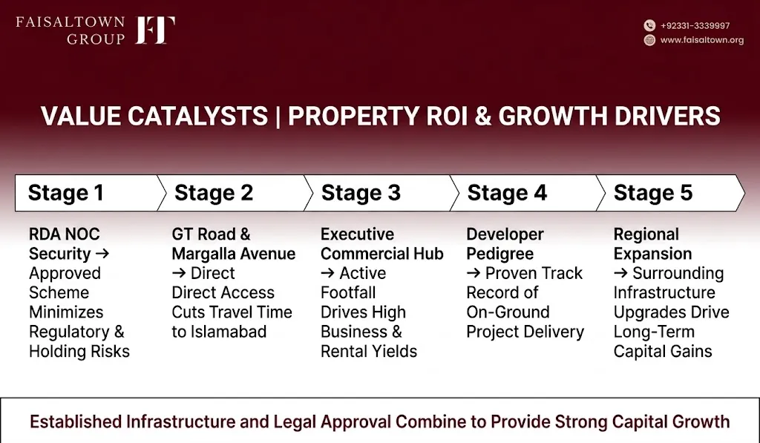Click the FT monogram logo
coord(155,30)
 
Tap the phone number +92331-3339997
coord(695,26)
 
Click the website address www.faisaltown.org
coord(702,40)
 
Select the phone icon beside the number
coord(649,25)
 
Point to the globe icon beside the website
coord(649,40)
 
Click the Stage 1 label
coord(66,193)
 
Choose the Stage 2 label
coord(214,193)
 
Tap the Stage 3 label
coord(361,193)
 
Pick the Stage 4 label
coord(507,193)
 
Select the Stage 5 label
coord(653,193)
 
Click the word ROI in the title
coord(446,117)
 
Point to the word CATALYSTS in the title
coord(197,117)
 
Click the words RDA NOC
coord(65,234)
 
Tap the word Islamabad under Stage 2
coord(229,332)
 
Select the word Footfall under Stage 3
coord(348,293)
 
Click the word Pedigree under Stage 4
coord(500,254)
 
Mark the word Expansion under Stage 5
coord(653,254)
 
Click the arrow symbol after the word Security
coord(102,254)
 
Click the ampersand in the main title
coord(482,117)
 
